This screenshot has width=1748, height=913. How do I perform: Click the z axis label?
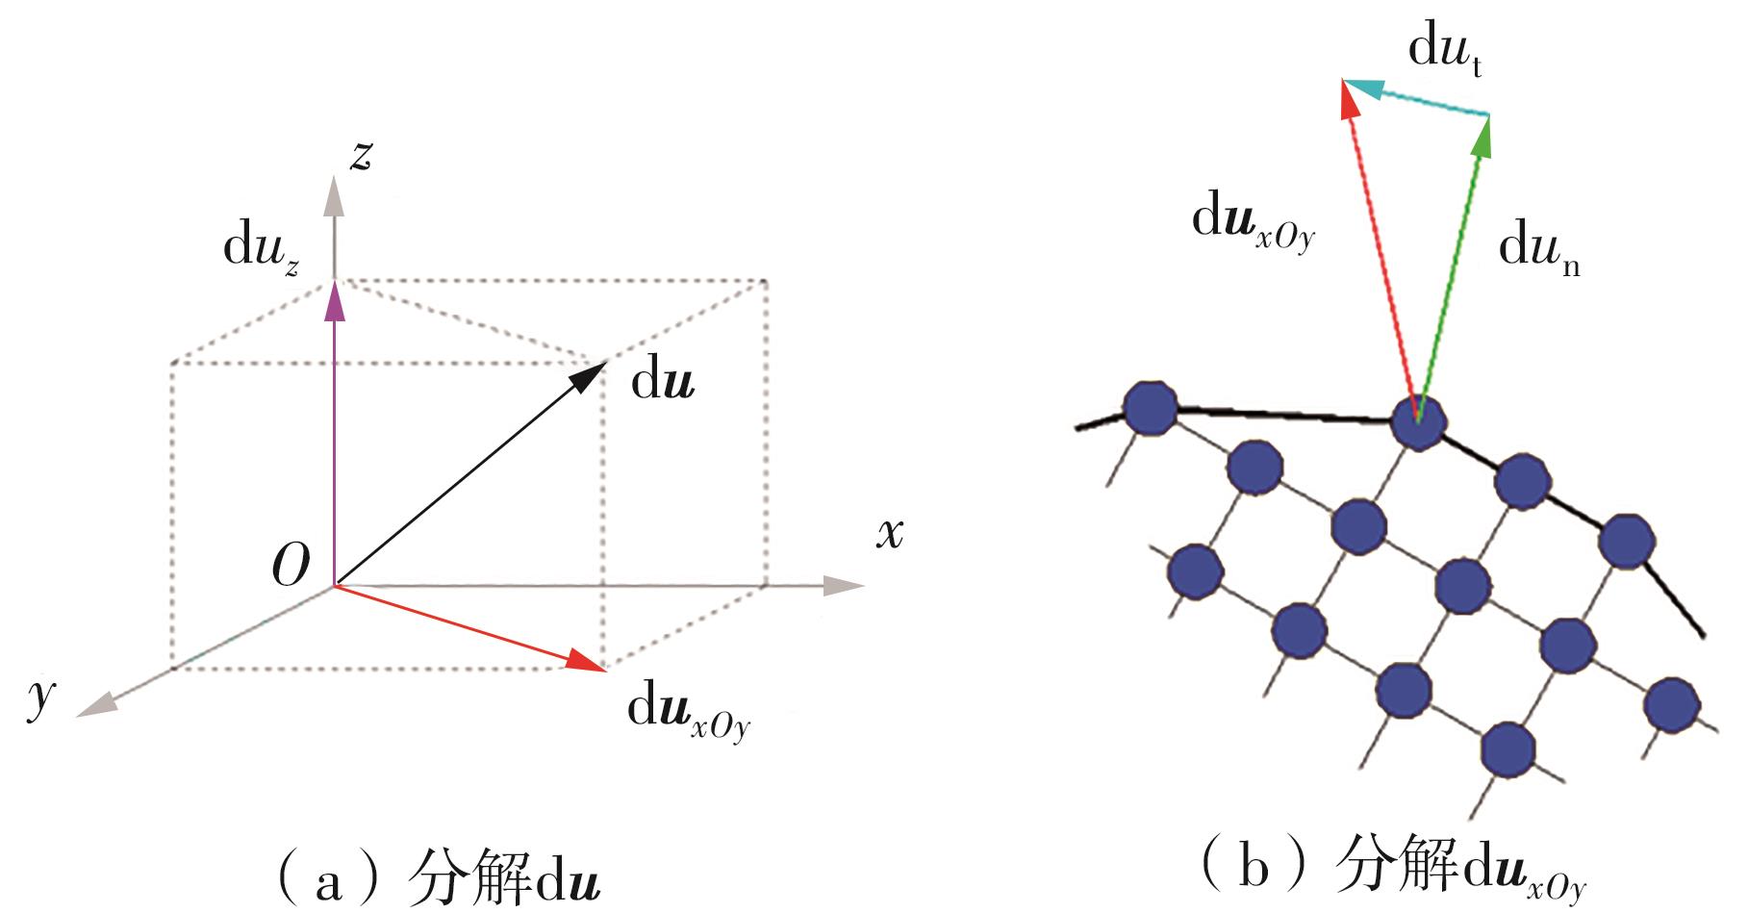[361, 156]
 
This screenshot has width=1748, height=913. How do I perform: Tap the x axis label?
[890, 532]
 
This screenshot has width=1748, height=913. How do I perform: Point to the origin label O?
[291, 564]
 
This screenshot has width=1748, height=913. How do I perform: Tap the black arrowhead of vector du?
[589, 373]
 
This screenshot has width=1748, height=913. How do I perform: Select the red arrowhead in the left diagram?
[587, 662]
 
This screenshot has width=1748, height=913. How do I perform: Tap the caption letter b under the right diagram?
[1254, 869]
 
